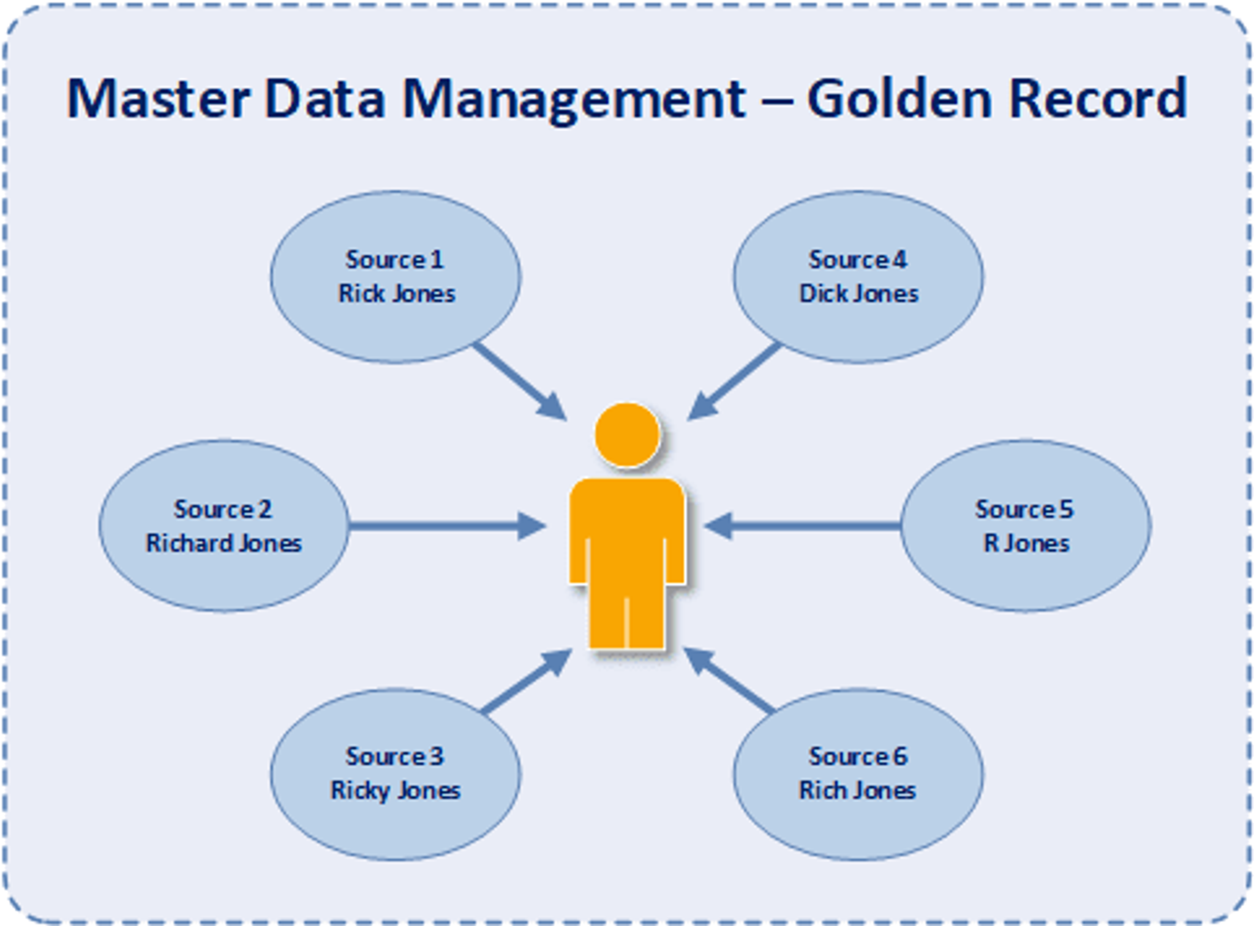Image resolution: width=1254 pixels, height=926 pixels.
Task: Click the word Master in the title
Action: click(158, 99)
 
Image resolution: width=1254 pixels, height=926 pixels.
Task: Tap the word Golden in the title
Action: click(899, 99)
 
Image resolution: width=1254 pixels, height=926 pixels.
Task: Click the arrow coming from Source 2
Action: click(441, 526)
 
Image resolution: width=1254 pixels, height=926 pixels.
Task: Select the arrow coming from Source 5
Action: click(808, 526)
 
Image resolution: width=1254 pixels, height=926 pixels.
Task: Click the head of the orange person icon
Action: click(627, 435)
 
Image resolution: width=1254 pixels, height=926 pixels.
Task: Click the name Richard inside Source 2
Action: click(189, 543)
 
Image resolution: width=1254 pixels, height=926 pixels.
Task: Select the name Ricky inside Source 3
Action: click(361, 791)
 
